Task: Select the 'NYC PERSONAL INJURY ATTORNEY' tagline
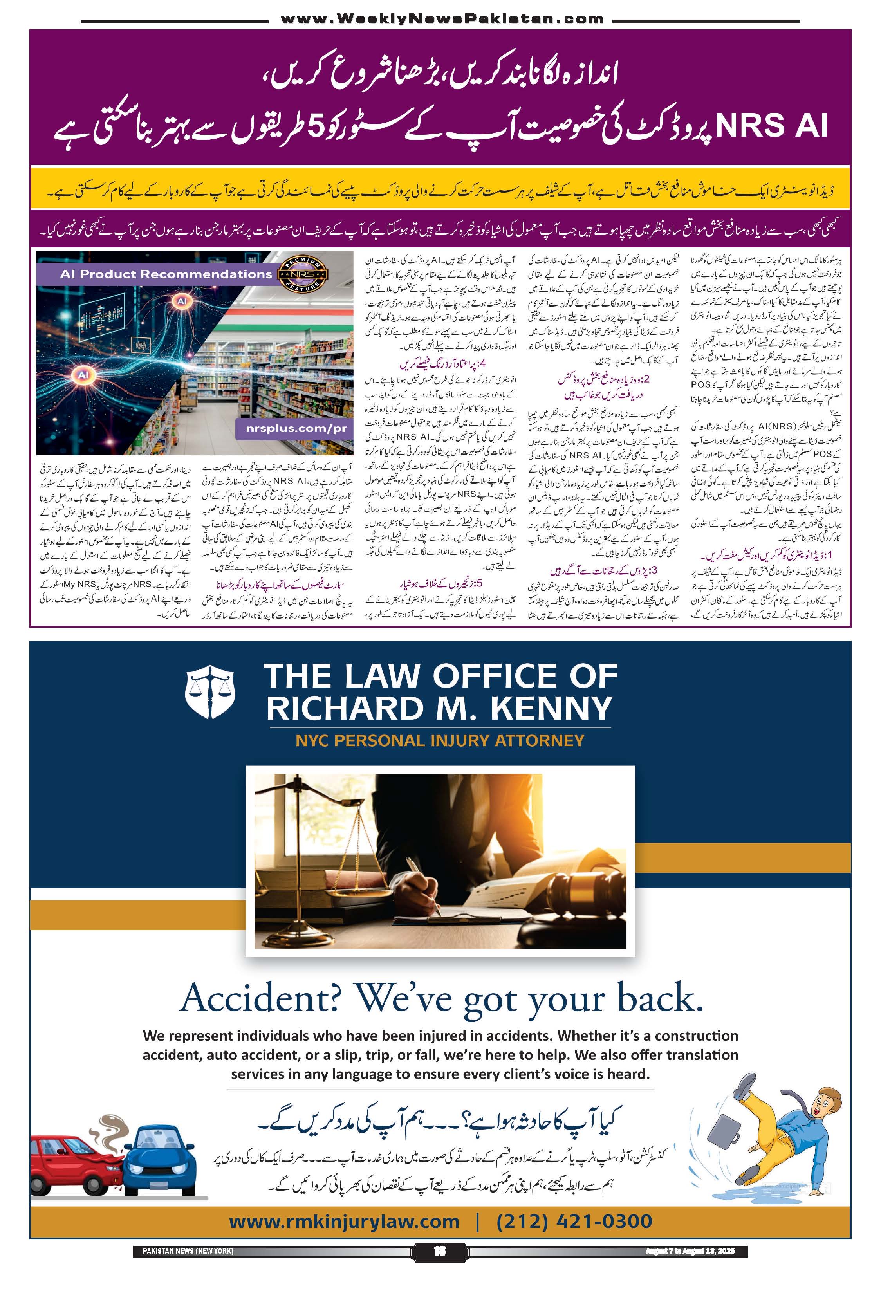pyautogui.click(x=440, y=740)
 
